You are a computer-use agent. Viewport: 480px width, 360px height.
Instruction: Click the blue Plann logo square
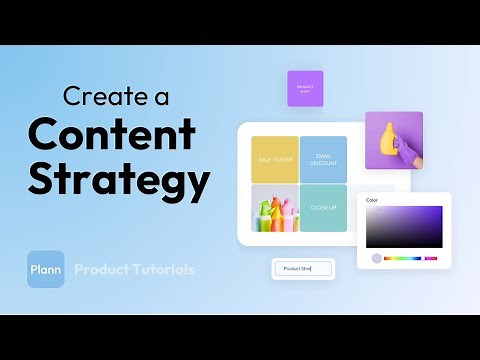point(46,269)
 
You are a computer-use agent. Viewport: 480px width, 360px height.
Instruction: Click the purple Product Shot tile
point(305,88)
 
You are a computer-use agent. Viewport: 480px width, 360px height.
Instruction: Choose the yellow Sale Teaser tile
point(274,159)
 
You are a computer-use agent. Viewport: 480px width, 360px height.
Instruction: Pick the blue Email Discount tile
point(323,159)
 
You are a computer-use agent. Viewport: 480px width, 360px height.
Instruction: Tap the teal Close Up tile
point(323,208)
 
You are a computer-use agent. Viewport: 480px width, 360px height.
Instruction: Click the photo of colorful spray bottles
point(274,208)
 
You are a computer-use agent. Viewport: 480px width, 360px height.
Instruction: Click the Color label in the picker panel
point(372,199)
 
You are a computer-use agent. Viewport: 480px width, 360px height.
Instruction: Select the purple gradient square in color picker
point(404,227)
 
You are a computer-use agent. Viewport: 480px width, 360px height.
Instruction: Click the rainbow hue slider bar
point(410,258)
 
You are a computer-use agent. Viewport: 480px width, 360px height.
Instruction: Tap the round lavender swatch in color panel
point(376,258)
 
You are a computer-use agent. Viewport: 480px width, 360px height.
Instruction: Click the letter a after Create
point(165,97)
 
